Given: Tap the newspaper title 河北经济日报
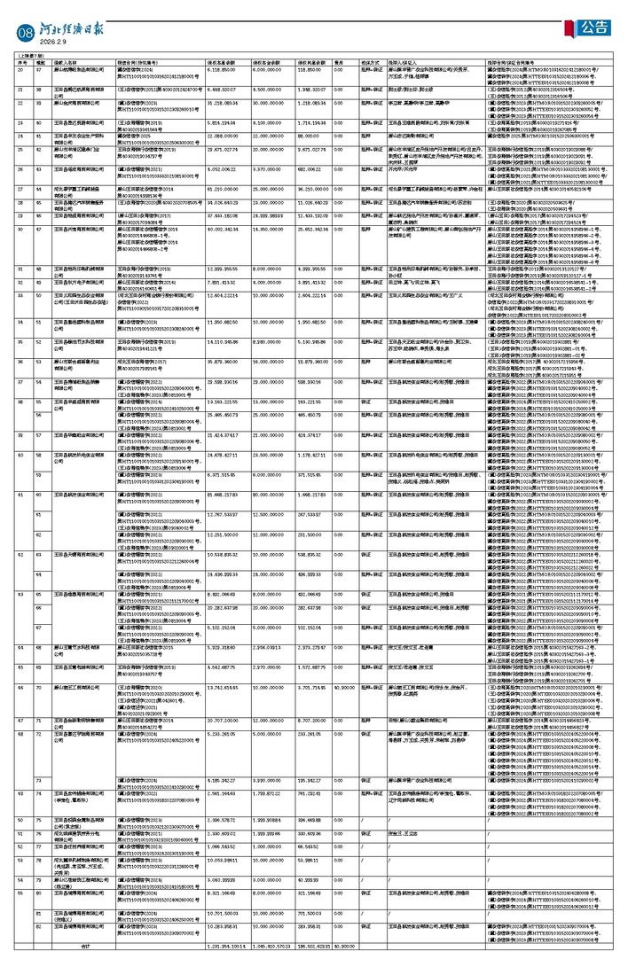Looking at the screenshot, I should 72,27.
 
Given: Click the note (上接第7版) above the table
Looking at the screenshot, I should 29,55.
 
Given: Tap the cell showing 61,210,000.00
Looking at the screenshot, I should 221,190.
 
